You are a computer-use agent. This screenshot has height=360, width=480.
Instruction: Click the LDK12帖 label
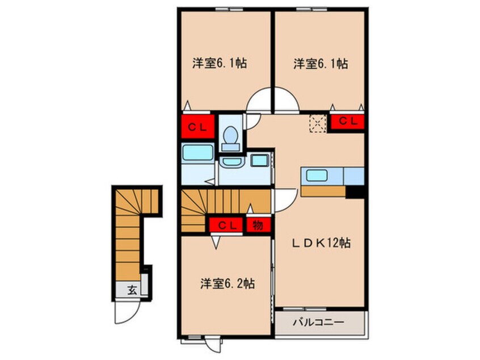pos(321,244)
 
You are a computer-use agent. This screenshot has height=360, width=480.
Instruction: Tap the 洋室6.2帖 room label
pos(226,283)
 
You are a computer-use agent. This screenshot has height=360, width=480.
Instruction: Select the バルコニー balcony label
pos(318,323)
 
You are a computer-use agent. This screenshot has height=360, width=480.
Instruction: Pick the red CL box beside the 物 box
pos(227,225)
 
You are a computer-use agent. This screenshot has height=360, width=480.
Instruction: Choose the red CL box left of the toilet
pos(197,127)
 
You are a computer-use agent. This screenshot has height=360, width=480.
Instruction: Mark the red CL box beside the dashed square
pos(347,120)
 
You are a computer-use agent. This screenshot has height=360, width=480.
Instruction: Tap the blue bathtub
pos(197,153)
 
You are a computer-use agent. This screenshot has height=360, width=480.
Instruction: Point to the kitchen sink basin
pos(315,175)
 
